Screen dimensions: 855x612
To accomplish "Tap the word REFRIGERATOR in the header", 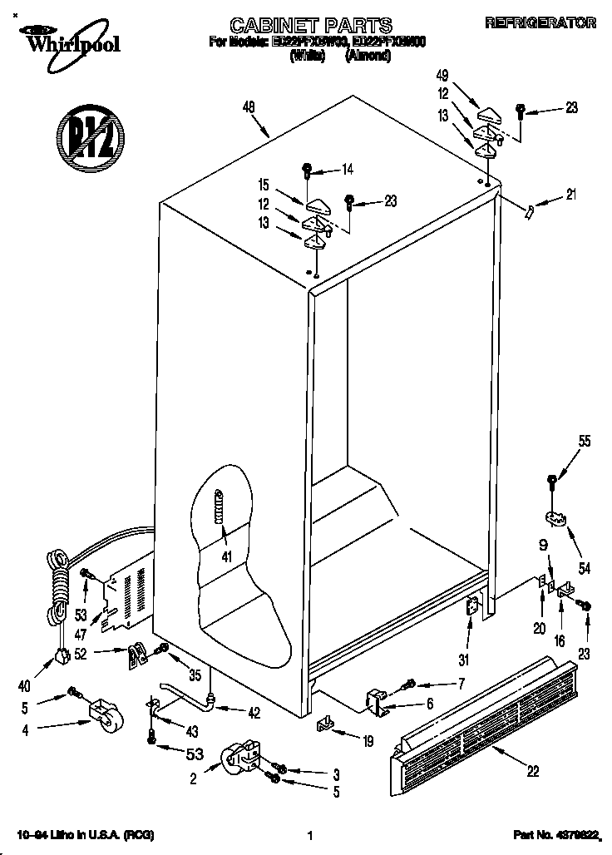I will point(540,23).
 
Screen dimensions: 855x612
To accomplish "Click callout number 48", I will point(249,106).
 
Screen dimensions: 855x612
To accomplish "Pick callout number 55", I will point(585,442).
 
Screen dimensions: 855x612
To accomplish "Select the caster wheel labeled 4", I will point(102,716).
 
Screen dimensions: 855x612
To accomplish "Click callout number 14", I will point(347,170).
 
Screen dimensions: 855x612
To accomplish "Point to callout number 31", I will point(464,660).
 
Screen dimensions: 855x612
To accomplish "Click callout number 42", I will point(254,711).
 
